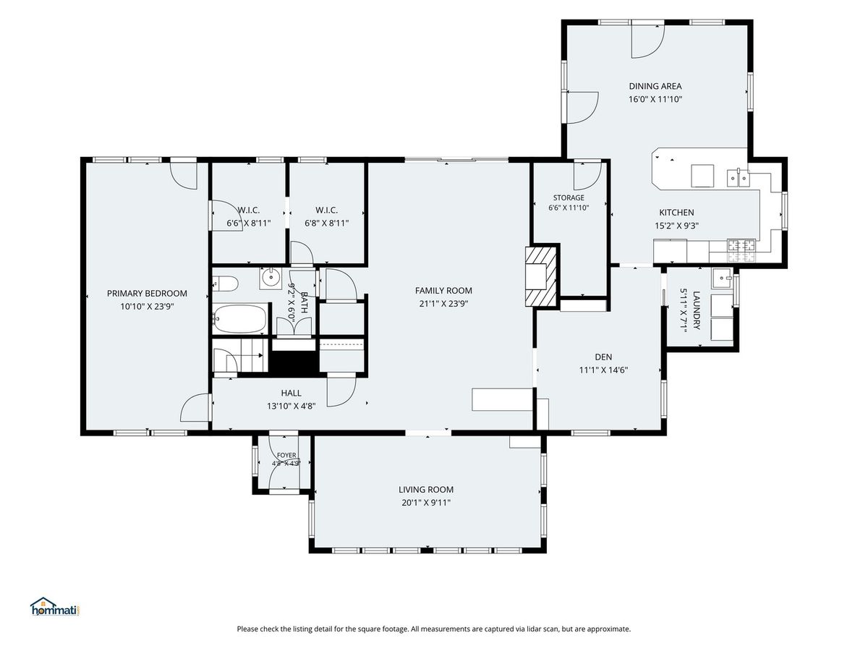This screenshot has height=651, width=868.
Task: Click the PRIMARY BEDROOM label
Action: pyautogui.click(x=147, y=293)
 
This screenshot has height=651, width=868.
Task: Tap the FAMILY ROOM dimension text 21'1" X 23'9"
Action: pyautogui.click(x=443, y=304)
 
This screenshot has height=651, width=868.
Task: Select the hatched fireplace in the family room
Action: pyautogui.click(x=540, y=276)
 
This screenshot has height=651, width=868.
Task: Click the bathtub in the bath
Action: pyautogui.click(x=239, y=318)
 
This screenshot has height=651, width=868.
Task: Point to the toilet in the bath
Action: pyautogui.click(x=226, y=283)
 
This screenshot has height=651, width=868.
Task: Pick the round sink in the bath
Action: pyautogui.click(x=271, y=278)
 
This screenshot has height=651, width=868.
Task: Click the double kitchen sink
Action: pyautogui.click(x=738, y=178)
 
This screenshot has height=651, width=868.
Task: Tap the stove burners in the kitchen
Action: pyautogui.click(x=741, y=250)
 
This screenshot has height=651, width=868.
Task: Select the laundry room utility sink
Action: pyautogui.click(x=722, y=278)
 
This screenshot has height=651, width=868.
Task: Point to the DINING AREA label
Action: pyautogui.click(x=655, y=86)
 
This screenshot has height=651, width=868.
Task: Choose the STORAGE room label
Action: pyautogui.click(x=569, y=197)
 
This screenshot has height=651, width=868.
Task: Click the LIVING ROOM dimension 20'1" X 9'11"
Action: pyautogui.click(x=426, y=503)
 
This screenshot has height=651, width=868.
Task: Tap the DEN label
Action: pyautogui.click(x=603, y=357)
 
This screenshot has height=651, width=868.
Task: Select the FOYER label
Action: pyautogui.click(x=286, y=455)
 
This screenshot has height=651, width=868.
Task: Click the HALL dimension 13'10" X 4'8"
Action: pyautogui.click(x=291, y=406)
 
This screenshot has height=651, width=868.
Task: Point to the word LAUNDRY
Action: pyautogui.click(x=697, y=310)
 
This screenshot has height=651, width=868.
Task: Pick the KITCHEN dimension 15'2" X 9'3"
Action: pyautogui.click(x=676, y=226)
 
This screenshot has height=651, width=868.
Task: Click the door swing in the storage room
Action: pyautogui.click(x=587, y=176)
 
